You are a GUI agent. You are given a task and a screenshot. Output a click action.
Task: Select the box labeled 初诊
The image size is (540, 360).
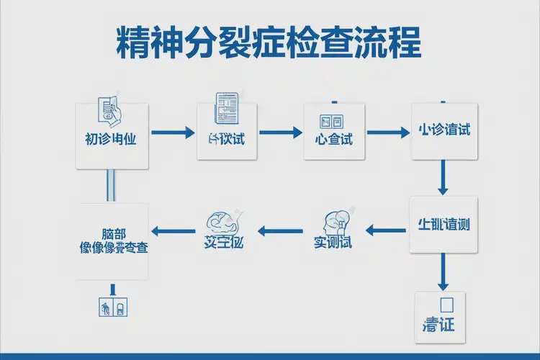(x=112, y=136)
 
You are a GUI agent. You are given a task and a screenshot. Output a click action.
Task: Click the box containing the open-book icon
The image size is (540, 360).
(x=333, y=135)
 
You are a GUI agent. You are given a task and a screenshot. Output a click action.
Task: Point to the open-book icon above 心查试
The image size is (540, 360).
(x=333, y=120)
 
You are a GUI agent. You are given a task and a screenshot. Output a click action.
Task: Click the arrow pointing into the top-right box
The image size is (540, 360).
(x=387, y=132)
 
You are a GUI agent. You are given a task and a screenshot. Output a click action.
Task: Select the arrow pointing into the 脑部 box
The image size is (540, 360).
(x=175, y=230)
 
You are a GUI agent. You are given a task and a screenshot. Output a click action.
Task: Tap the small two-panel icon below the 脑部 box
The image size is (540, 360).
(x=112, y=307)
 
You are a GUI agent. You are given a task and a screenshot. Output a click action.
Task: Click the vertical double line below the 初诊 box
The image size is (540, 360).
(x=112, y=186)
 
